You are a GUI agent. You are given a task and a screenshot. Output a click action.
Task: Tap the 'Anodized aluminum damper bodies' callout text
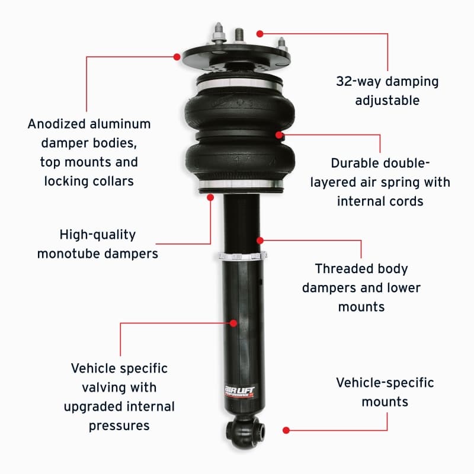pyautogui.click(x=89, y=152)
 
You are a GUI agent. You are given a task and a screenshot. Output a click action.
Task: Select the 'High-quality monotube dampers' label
pyautogui.click(x=98, y=244)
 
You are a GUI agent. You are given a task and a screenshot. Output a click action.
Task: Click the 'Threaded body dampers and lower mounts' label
pyautogui.click(x=361, y=287)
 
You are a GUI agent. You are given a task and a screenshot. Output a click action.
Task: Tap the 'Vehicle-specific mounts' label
pyautogui.click(x=385, y=392)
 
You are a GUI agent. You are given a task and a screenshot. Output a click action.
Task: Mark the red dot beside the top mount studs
pyautogui.click(x=260, y=34)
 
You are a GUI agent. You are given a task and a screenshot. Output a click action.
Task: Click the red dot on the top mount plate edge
pyautogui.click(x=177, y=56)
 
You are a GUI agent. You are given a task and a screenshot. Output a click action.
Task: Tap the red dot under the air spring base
pyautogui.click(x=210, y=197)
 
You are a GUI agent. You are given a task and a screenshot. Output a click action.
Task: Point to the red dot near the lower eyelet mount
pyautogui.click(x=286, y=430)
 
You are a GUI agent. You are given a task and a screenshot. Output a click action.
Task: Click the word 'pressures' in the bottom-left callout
pyautogui.click(x=119, y=425)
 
